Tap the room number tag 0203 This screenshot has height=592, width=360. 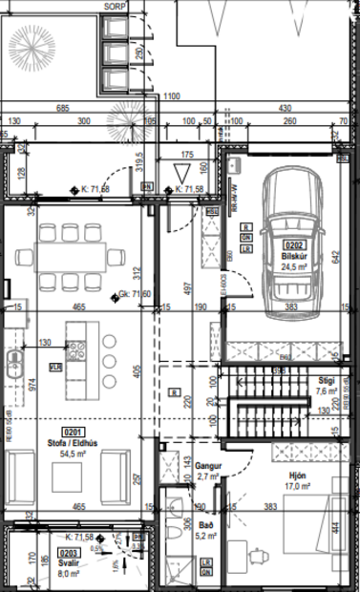pos(69,551)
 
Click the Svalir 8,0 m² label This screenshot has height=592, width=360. pos(69,568)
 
